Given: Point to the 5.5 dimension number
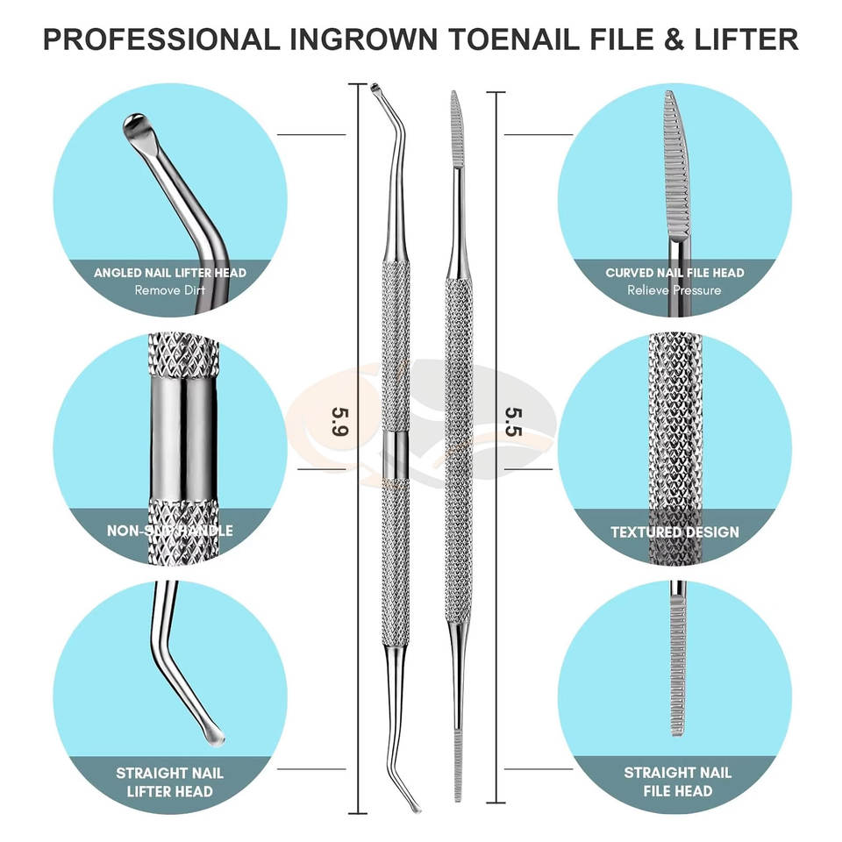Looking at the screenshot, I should tap(513, 421).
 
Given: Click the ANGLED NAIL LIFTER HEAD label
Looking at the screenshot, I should tap(170, 273).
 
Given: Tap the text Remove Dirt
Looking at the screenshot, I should tap(170, 289).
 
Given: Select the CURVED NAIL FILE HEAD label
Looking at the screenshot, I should tap(674, 273).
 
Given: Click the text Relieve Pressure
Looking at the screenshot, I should tap(674, 289).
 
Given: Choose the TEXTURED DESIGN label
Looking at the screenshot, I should tap(674, 532).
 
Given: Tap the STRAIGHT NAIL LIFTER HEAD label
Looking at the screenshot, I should tap(170, 781).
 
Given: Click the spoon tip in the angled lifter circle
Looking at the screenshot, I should tap(137, 128).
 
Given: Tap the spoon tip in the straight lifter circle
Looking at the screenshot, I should tap(211, 734).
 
